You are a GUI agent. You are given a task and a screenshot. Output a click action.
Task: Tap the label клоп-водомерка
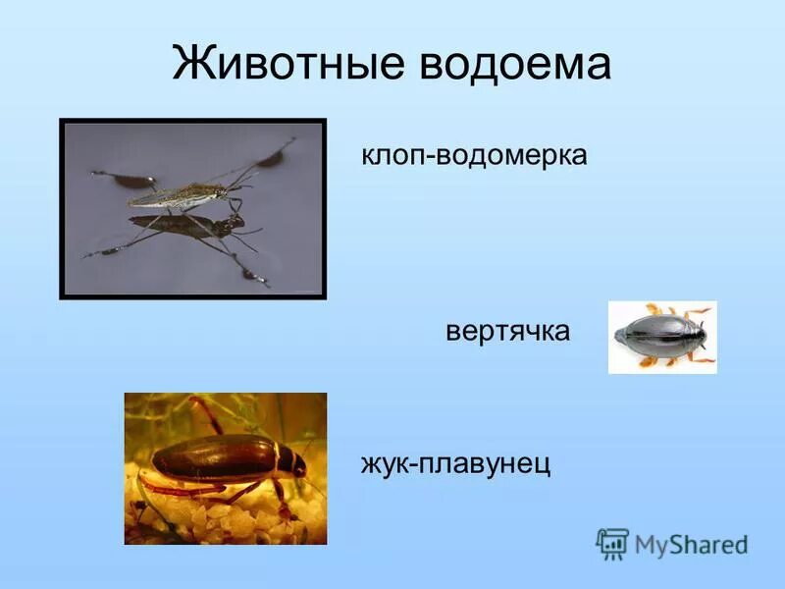475,155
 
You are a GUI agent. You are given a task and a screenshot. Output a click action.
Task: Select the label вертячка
507,331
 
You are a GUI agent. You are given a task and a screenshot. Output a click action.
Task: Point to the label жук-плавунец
455,461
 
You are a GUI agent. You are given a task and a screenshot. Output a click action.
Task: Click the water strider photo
192,208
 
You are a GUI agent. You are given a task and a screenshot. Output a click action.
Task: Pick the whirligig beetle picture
662,337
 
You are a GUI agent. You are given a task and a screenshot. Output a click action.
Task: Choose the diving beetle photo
225,468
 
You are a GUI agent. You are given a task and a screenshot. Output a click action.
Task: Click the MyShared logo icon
612,543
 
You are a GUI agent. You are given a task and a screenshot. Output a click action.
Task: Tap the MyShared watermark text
691,544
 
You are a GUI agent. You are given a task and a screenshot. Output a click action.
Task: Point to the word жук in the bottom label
384,461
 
